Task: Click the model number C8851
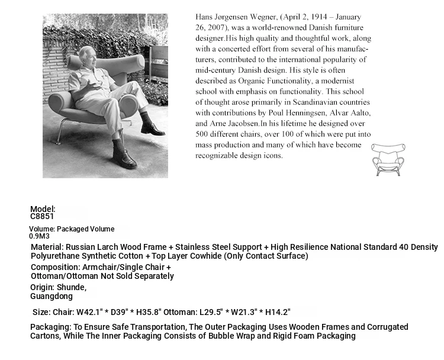(x=43, y=217)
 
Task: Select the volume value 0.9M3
(x=40, y=236)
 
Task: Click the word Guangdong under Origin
(x=52, y=296)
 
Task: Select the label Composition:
(x=55, y=267)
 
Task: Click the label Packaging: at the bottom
(x=51, y=327)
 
